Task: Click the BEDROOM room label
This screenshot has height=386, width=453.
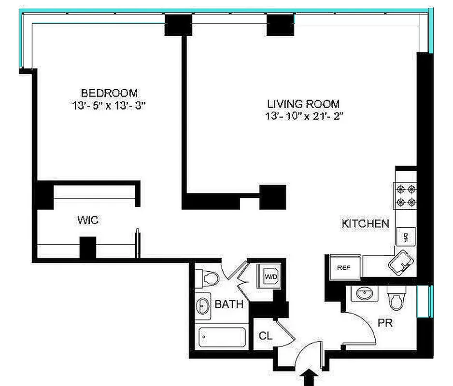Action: coord(109,93)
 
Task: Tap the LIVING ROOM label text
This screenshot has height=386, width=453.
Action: coord(303,104)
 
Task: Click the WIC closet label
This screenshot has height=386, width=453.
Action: coord(88,221)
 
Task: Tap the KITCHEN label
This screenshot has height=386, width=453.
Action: coord(365,223)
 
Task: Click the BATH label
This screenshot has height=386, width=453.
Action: coord(228,304)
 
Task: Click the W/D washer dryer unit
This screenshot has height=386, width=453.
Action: coord(269,276)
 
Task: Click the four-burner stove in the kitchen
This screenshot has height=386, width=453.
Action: coord(406,195)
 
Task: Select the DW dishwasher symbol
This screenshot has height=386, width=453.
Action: coord(406,236)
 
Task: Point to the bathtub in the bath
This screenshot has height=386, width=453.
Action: coord(222,337)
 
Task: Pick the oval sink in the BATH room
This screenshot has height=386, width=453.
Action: coord(202,306)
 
